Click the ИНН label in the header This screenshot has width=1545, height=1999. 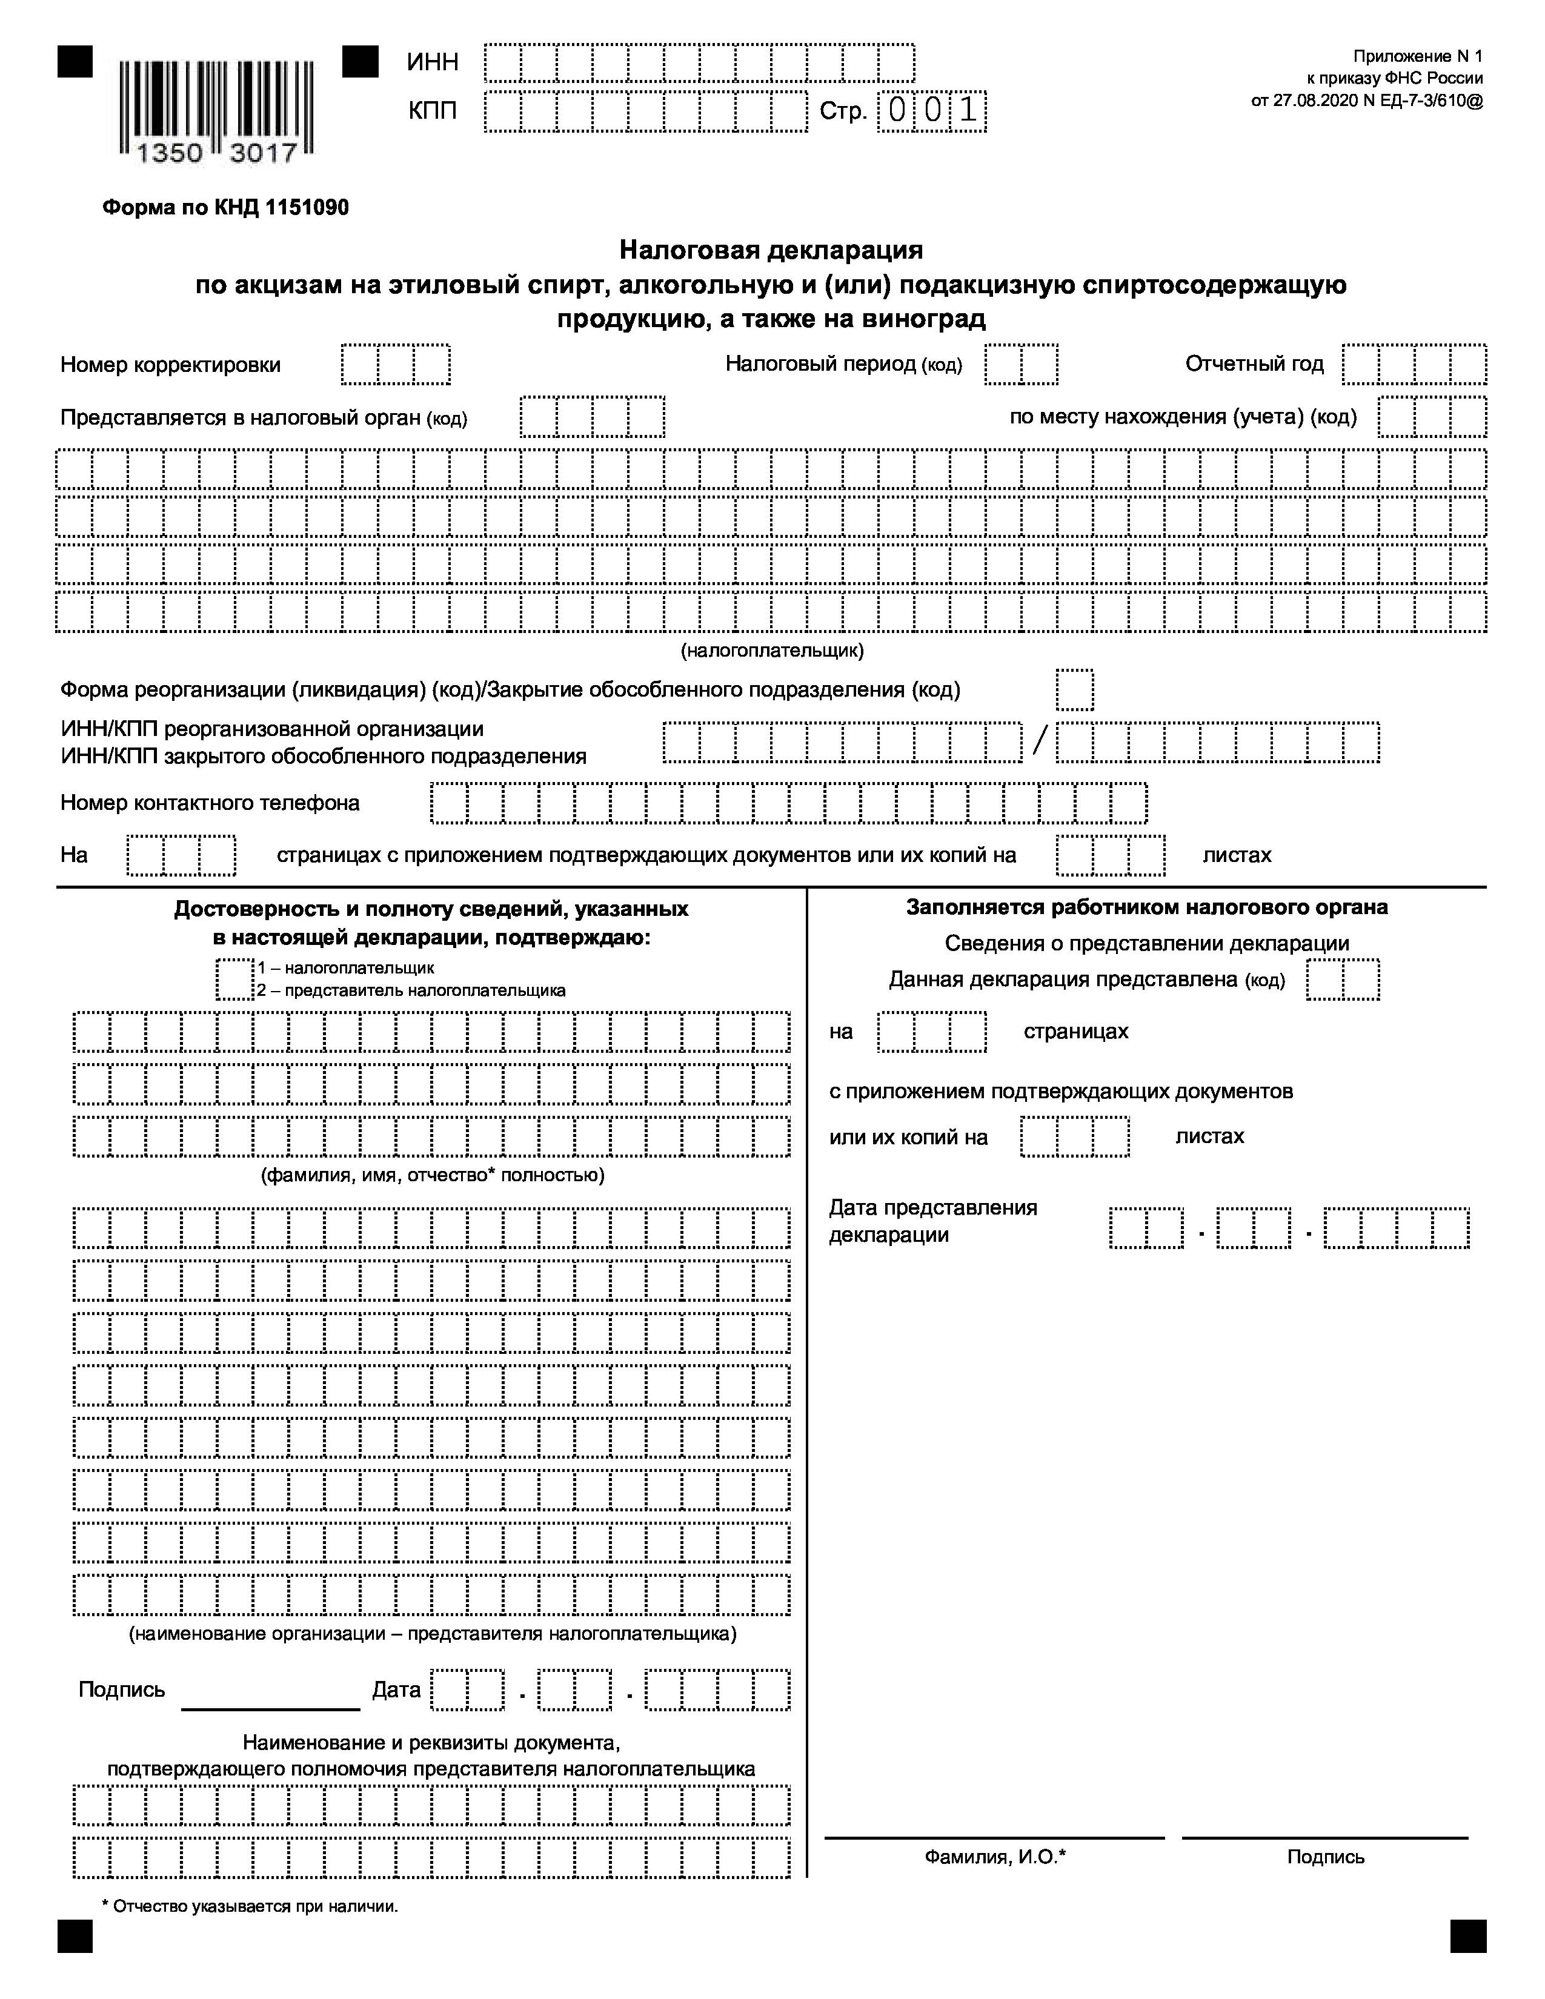433,62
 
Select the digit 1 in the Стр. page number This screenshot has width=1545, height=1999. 968,111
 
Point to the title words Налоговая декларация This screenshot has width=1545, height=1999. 771,249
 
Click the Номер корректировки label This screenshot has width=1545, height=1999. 170,364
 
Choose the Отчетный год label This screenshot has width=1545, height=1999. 1254,363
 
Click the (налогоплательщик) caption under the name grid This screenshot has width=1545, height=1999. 771,651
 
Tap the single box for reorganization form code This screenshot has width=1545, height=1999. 1075,689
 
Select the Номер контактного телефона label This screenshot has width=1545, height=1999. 210,803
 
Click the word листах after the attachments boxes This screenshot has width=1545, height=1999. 1237,855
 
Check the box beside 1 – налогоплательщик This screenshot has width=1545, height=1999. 235,978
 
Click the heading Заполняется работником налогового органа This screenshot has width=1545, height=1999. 1147,907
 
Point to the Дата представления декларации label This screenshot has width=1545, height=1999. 932,1221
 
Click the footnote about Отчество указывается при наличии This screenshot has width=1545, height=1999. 250,1906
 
